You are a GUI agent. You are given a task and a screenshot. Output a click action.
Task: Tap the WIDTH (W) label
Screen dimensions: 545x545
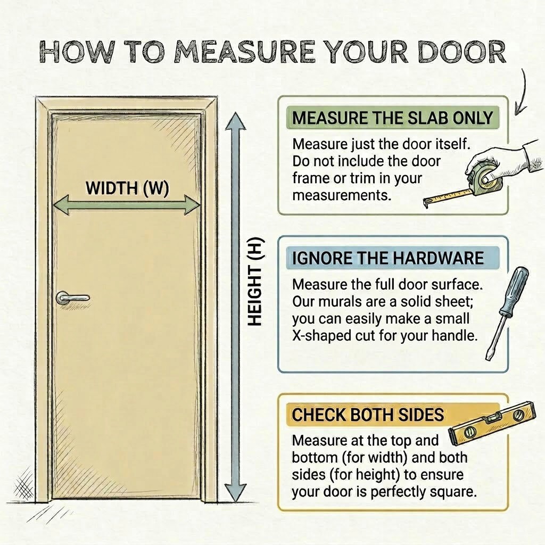[127, 188]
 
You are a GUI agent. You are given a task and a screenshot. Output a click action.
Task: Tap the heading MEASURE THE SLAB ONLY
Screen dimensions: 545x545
[392, 118]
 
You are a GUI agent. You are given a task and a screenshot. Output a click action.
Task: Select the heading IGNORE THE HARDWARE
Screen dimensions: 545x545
[387, 258]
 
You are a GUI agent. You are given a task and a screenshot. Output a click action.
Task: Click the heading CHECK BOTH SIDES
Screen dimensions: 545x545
[368, 415]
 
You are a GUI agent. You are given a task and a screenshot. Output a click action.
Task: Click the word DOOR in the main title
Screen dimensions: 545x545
[462, 53]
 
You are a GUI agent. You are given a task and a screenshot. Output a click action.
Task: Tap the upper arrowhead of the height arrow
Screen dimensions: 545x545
[235, 122]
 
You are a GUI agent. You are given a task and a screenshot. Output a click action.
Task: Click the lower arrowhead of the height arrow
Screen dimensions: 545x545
[235, 492]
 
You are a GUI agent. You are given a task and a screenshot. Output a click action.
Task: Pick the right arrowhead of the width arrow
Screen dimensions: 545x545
[191, 204]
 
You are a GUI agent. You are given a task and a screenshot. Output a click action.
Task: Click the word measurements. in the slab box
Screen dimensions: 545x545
[342, 196]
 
